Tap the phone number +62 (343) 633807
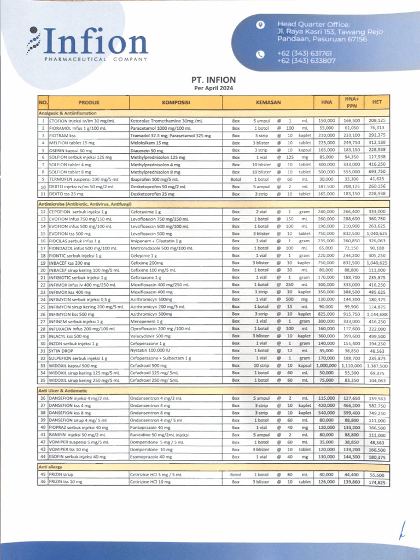(306, 61)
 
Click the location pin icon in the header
(260, 25)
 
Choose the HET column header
(376, 102)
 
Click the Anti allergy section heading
(50, 466)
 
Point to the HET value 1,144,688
(377, 314)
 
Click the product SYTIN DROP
(62, 350)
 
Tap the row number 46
(43, 482)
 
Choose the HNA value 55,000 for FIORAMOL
(326, 127)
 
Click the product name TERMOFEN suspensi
(71, 179)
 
